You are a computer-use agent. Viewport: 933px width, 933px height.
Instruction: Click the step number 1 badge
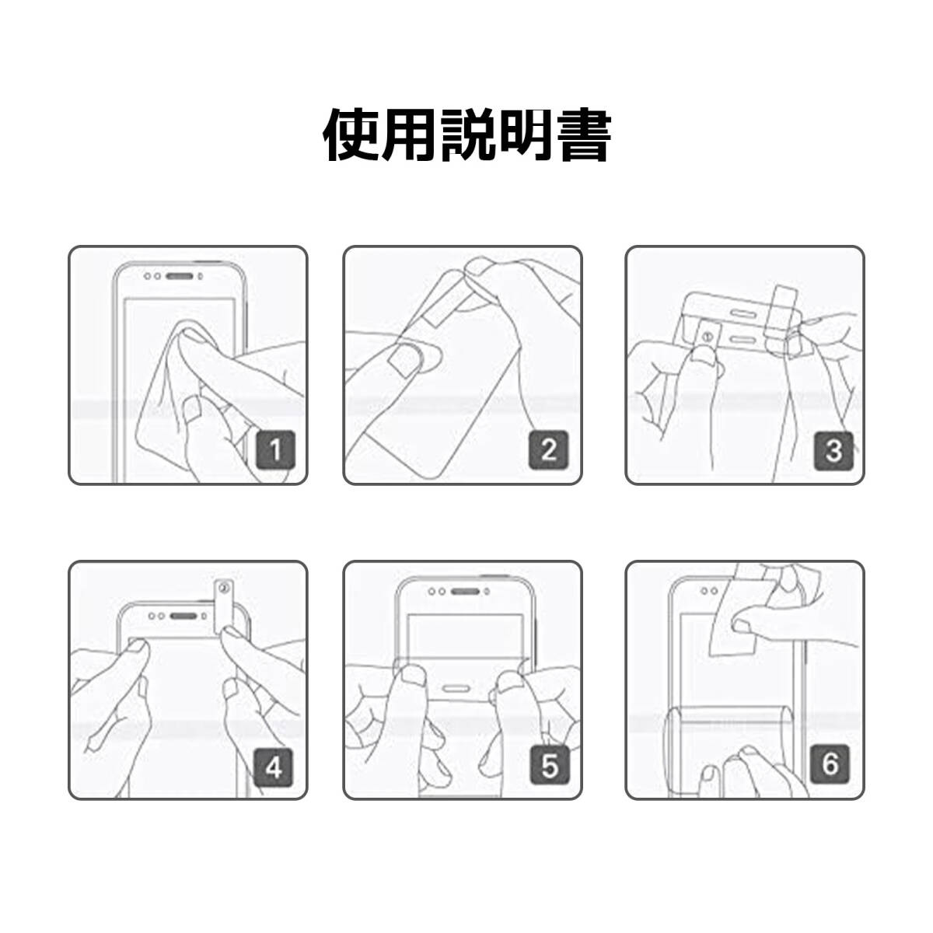pyautogui.click(x=275, y=450)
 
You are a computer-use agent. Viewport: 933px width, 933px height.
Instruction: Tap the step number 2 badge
pyautogui.click(x=549, y=450)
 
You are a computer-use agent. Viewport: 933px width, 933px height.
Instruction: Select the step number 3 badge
pyautogui.click(x=833, y=450)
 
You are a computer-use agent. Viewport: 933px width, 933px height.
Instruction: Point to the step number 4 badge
pyautogui.click(x=274, y=767)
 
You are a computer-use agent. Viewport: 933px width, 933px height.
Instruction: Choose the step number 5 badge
pyautogui.click(x=550, y=766)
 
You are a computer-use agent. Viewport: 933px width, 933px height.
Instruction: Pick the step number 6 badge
pyautogui.click(x=830, y=764)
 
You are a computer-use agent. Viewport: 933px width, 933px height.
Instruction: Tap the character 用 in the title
pyautogui.click(x=410, y=135)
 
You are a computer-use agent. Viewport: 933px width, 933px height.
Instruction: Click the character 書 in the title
pyautogui.click(x=583, y=135)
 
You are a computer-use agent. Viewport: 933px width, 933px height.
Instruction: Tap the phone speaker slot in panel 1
pyautogui.click(x=180, y=277)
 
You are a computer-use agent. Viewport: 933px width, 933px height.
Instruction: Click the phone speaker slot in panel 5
pyautogui.click(x=465, y=592)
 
